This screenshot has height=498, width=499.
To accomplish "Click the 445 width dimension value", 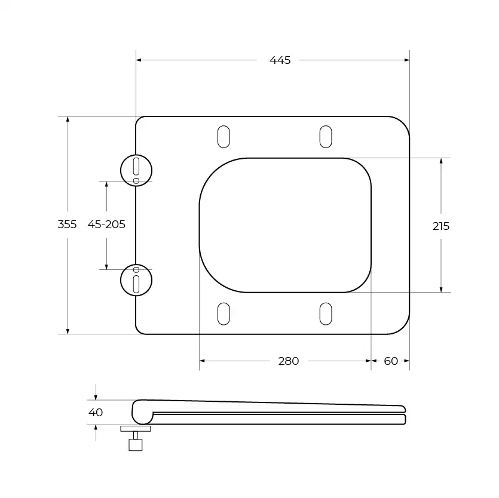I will pos(280,60).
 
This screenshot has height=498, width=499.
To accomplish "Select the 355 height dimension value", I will pos(67,225).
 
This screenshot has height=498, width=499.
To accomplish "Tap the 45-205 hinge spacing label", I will pos(106,225).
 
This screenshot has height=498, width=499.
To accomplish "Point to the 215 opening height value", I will pos(441,226).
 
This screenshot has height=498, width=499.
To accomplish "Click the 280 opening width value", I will pos(288,361).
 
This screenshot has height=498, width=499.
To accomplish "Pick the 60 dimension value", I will pos(391,361).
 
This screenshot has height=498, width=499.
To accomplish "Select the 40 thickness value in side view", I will pos(96,413).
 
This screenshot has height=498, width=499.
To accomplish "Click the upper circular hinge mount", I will pos(136,170).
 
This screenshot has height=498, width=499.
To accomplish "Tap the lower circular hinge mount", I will pos(136,279).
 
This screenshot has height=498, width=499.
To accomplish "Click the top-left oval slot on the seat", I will pos(223,136).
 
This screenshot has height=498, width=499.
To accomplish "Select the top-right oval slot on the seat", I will pos(326,136).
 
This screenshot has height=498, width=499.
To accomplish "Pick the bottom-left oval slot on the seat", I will pos(223,313).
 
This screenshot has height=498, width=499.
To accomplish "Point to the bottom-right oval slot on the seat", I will pos(326,313).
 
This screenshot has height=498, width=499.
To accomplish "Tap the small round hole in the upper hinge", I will pos(136,180).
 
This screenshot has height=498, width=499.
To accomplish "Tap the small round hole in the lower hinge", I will pos(136,269).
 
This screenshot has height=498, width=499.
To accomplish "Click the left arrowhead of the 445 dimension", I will pos(139,60).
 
